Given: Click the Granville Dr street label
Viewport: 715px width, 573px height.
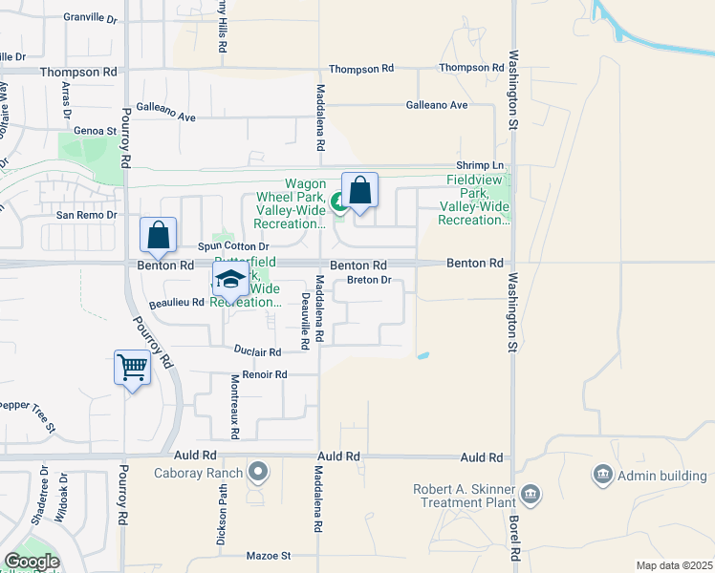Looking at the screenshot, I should [x=89, y=18].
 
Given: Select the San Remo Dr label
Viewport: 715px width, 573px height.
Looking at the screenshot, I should [x=86, y=215].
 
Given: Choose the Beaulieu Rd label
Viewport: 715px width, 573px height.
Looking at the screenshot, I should [x=177, y=302].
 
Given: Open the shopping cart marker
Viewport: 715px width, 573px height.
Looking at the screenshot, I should [x=132, y=367].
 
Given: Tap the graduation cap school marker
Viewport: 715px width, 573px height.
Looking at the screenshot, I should [x=229, y=279].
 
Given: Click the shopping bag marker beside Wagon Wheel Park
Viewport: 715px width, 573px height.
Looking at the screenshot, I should [x=359, y=190].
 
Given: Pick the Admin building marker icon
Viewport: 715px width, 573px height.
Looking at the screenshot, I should [x=602, y=474].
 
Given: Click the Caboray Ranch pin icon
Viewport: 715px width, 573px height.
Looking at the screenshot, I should [x=257, y=471].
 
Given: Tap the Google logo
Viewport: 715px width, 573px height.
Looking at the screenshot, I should [x=32, y=562].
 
